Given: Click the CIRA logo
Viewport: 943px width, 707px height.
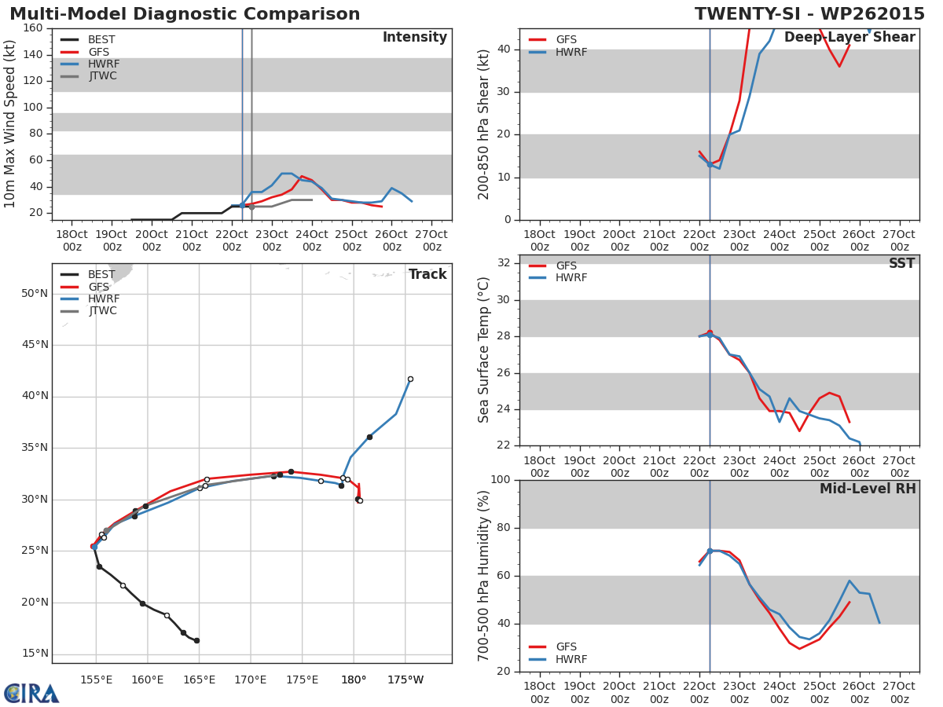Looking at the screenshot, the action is (x=31, y=693).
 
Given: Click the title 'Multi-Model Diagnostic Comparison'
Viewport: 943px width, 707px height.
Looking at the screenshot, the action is (x=185, y=13).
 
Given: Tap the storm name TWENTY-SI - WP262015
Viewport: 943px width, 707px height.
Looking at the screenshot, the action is (x=809, y=13).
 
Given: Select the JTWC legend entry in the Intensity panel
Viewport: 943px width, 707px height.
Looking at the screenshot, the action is (x=89, y=76).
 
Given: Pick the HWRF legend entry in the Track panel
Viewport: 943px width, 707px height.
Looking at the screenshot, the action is (x=90, y=299).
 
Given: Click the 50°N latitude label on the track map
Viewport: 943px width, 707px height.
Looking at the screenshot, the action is (x=35, y=294).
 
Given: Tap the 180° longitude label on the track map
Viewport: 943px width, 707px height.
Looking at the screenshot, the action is (x=354, y=680).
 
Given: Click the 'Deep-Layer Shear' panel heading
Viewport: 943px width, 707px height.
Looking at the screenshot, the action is (x=849, y=38).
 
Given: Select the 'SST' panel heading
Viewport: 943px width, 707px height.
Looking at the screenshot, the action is (x=901, y=263).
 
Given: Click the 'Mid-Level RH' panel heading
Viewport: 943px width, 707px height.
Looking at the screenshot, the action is (x=868, y=489).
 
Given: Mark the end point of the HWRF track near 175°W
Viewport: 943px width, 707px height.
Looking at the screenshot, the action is (x=410, y=379).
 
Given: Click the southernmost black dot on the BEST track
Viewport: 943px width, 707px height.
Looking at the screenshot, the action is (x=196, y=640).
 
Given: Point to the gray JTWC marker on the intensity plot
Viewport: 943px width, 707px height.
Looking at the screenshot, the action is (x=251, y=207).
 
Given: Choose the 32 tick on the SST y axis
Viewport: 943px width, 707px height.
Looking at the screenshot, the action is (x=504, y=262).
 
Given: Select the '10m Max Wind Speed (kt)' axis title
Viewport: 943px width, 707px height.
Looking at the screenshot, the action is (x=9, y=123).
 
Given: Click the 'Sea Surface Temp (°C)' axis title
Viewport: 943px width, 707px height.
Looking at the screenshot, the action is (x=483, y=350).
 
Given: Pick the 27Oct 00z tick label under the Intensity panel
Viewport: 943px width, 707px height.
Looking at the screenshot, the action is (x=431, y=240).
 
